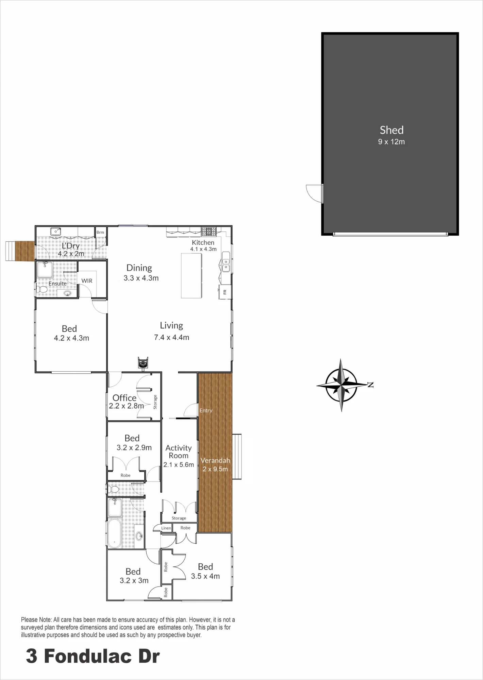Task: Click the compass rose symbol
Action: [342, 385]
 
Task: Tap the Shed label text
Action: [392, 130]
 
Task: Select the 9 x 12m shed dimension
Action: [392, 142]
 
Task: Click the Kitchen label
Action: [203, 242]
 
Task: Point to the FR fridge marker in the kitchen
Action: [224, 292]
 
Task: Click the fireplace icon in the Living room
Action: [143, 362]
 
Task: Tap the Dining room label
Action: [139, 268]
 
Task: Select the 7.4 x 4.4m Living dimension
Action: [171, 337]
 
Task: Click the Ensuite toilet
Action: [42, 290]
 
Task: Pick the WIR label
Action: [87, 281]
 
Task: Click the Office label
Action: [124, 398]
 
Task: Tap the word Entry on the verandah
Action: [206, 410]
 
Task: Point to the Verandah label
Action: [215, 460]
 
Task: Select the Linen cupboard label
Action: [166, 528]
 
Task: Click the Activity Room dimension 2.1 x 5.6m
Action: [179, 465]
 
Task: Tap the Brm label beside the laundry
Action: [100, 233]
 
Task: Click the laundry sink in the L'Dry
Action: [56, 232]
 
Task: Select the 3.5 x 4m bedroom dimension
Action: [205, 576]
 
